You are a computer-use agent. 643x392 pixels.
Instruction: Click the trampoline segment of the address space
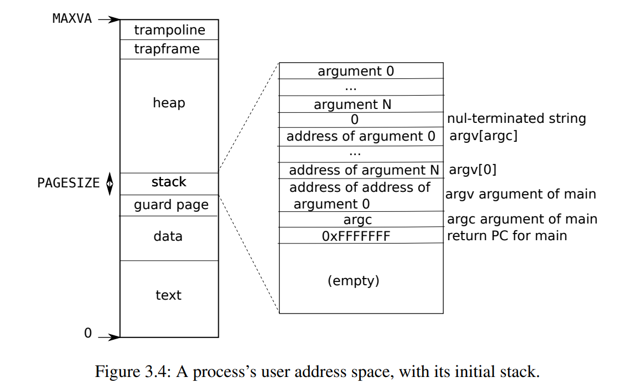(x=169, y=30)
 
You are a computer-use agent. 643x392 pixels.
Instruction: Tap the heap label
(x=169, y=103)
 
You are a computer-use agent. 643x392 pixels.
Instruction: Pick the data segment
(x=168, y=236)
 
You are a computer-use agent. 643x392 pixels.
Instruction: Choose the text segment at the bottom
(x=168, y=295)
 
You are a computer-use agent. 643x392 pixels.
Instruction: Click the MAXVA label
(x=72, y=18)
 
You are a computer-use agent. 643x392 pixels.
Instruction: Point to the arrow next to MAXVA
(x=109, y=19)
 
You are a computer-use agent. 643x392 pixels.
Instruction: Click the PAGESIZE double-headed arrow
(x=109, y=183)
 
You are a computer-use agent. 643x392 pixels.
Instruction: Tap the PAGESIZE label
(x=68, y=183)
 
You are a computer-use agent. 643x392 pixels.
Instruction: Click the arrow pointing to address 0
(x=109, y=336)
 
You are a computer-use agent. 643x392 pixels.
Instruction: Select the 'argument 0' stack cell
(x=356, y=71)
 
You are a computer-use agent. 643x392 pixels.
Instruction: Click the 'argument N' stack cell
(x=353, y=105)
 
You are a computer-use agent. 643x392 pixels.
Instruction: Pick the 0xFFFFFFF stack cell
(x=356, y=236)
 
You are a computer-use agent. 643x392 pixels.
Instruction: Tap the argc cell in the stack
(x=358, y=220)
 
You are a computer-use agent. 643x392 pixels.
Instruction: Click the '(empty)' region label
(x=354, y=281)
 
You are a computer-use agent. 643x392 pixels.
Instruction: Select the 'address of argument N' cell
(x=364, y=170)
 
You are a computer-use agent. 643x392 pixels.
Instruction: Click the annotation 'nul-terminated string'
(x=516, y=118)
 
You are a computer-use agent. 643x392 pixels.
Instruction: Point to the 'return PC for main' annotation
(x=507, y=236)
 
